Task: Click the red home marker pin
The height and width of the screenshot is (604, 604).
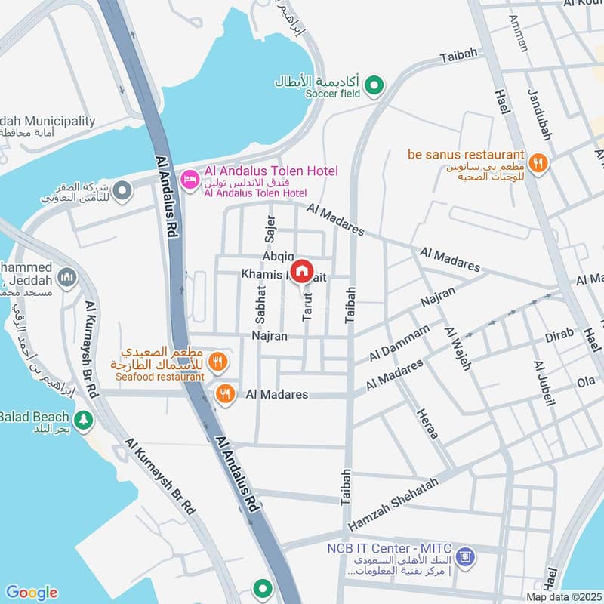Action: pos(302,270)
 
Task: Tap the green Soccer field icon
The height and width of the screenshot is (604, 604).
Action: pos(373,88)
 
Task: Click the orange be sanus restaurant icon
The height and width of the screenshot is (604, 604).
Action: pos(538,161)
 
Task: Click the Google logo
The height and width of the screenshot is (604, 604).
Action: pos(31,593)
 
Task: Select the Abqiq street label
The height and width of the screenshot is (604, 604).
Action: pos(278,257)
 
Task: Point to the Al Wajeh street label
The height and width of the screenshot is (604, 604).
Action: pos(458,348)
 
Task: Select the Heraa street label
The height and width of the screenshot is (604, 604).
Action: pos(427,424)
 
